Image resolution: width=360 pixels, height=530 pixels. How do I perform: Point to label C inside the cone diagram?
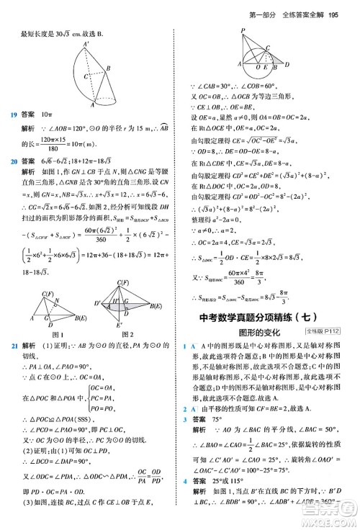tap(85, 75)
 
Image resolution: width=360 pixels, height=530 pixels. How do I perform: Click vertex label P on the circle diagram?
tap(243, 29)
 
